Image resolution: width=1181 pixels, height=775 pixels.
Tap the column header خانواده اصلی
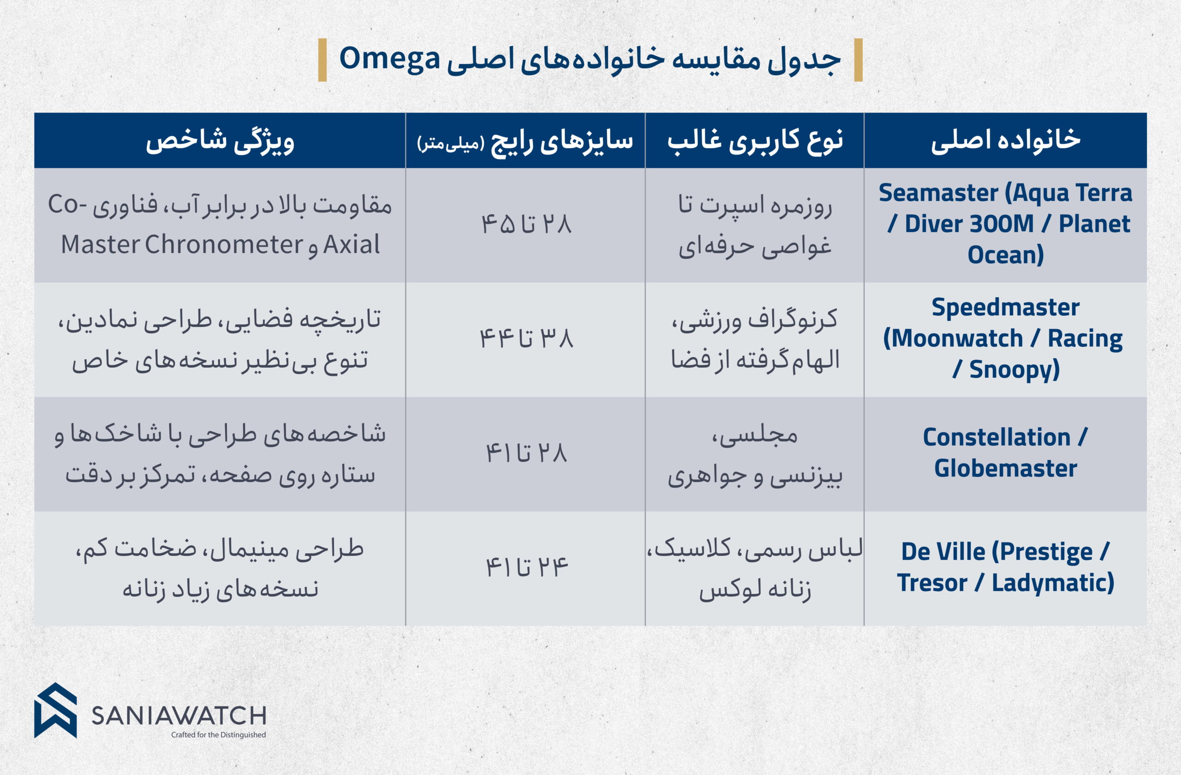click(1005, 140)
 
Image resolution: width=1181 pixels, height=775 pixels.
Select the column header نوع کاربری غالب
click(755, 140)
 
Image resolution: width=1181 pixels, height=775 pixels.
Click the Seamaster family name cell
click(1005, 224)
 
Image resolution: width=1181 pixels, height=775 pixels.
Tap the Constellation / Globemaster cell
click(1005, 453)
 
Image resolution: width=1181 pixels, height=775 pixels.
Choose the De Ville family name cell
click(1005, 567)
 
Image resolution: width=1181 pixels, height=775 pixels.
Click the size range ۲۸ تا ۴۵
click(526, 225)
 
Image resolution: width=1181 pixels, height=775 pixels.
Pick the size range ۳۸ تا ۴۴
click(526, 339)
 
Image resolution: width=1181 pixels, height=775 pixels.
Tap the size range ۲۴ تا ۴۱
click(526, 567)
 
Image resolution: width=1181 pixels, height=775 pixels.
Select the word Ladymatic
click(1053, 583)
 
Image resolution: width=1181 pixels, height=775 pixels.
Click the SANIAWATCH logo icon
click(55, 710)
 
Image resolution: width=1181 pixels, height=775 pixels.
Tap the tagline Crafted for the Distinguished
click(218, 735)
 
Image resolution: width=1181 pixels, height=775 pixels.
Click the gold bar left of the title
click(322, 60)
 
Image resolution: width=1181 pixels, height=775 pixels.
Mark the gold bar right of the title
click(859, 60)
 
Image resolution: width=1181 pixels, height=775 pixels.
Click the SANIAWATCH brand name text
click(179, 716)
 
